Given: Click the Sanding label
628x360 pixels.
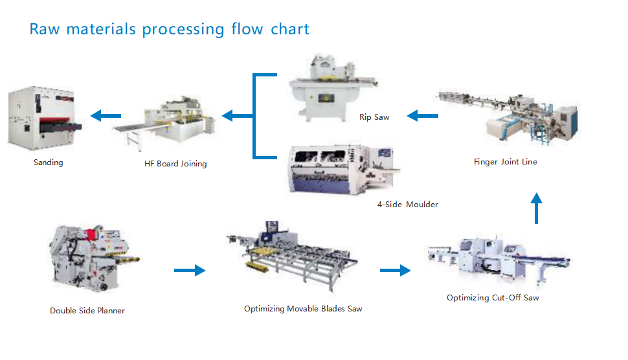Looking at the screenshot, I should (x=49, y=163).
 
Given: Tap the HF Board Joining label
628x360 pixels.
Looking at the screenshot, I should (x=175, y=164).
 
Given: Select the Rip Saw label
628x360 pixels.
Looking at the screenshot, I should (x=374, y=117).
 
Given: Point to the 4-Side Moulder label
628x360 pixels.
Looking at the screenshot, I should (x=407, y=205).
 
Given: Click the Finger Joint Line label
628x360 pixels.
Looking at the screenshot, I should (x=505, y=162).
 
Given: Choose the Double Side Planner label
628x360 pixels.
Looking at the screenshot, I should (x=87, y=311).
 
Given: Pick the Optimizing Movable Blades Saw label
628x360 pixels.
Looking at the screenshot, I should (x=303, y=309).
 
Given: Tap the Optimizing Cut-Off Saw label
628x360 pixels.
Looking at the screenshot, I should (x=493, y=298).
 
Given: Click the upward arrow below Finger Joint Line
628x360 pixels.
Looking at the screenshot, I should (x=537, y=208).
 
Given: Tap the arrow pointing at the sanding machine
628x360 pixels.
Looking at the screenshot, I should (x=106, y=116).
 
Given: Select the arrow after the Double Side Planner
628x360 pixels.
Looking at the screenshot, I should (x=190, y=270).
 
